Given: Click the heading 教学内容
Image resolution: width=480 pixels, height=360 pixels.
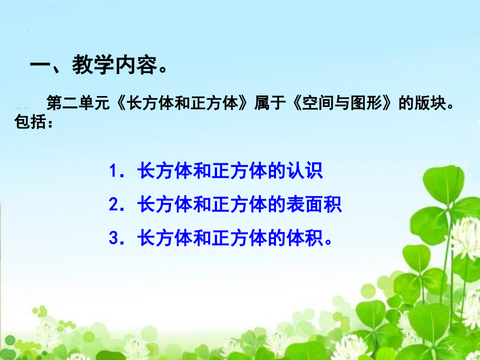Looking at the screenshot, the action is tap(114, 65).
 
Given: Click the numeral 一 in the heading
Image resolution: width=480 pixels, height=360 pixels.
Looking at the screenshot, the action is tap(40, 65).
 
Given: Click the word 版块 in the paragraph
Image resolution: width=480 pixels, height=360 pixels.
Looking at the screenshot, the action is tap(431, 103).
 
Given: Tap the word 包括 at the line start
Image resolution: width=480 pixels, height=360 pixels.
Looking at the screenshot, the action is tap(30, 122).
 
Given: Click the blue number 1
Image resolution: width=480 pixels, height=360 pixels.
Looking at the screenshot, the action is tap(114, 171).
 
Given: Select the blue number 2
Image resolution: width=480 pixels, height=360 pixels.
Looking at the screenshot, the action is tap(114, 205).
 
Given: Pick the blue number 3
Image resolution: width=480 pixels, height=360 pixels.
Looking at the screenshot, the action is tap(114, 238).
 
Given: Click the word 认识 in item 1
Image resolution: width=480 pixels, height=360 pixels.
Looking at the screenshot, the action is tap(305, 171).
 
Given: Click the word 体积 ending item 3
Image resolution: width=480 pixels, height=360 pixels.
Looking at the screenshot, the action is tap(305, 238).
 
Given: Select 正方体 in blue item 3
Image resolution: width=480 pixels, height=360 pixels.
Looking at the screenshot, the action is tap(239, 238).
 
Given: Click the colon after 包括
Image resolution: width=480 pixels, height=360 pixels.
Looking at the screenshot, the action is tap(50, 124).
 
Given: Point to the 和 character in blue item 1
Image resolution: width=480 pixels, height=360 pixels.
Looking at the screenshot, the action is tap(202, 171).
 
